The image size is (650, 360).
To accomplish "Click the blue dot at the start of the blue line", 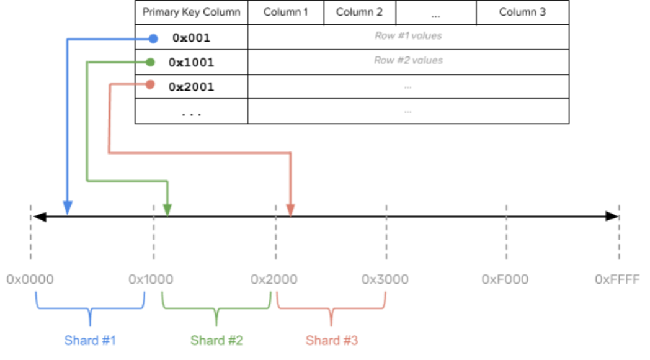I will point(153,39).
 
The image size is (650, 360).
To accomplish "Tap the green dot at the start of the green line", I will point(150,62).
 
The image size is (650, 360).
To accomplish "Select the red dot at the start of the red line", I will point(150,84).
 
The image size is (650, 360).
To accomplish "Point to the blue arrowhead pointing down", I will point(68,208).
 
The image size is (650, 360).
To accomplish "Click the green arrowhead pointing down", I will point(167,210).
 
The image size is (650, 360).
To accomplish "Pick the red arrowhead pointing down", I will point(290,210).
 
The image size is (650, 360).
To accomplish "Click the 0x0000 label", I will point(30,279).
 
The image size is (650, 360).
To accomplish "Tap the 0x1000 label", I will point(151,279).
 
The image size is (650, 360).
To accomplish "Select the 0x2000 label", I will point(274,279).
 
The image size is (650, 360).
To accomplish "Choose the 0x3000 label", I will point(385,279).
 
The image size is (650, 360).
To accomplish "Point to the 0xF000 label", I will point(505,279).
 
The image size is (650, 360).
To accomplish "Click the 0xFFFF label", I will point(617,279).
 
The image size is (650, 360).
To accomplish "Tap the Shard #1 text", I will point(91,341).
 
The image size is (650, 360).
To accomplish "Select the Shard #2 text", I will point(216,341).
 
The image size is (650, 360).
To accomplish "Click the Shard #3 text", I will point(332,341).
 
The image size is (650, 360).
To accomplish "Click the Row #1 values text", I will point(408,36).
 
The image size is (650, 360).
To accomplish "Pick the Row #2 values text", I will point(408,60).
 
